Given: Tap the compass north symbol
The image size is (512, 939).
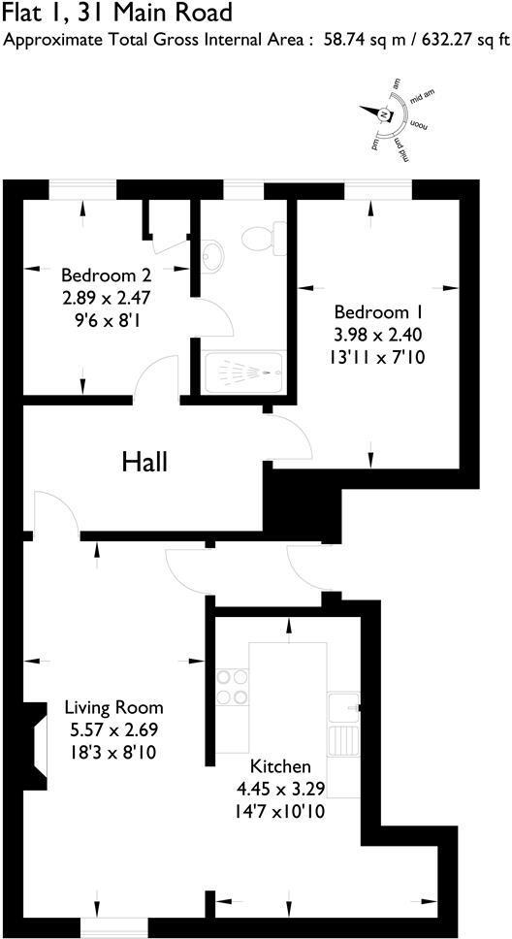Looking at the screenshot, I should [385, 115].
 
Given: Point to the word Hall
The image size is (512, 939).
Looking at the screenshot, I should [144, 463].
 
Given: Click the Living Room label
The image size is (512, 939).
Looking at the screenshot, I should [113, 707].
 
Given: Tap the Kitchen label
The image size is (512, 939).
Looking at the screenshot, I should [280, 766].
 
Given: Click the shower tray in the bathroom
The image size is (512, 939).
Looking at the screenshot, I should [243, 372].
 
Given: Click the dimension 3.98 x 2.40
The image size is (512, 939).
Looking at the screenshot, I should [379, 335].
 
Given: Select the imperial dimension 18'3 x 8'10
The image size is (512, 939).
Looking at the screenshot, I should [113, 751].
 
